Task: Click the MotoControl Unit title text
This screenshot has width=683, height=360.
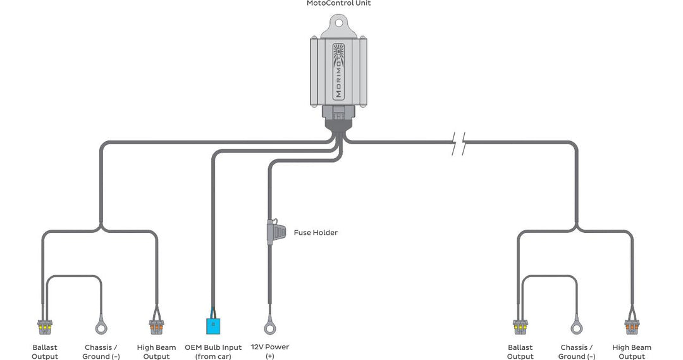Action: pos(338,4)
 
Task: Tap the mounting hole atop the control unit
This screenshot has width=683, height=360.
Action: pos(338,23)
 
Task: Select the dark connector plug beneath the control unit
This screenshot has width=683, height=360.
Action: pos(338,118)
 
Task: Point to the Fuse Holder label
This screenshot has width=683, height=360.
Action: pos(316,233)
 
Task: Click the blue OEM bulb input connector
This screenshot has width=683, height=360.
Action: pos(212,325)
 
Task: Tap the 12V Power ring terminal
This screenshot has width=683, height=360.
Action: pos(270,327)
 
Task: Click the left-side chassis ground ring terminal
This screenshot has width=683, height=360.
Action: pos(101,327)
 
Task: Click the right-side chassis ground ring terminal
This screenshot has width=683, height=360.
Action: pos(576,327)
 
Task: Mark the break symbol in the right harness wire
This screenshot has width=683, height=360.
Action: pos(460,144)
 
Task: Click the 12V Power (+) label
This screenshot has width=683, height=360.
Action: pos(270,351)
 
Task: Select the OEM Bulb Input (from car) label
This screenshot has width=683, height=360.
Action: pos(213,351)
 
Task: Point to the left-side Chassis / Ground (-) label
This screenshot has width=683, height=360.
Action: pos(101,351)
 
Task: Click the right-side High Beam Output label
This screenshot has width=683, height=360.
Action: pos(631,351)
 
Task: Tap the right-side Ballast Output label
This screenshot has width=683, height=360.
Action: pos(520,351)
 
